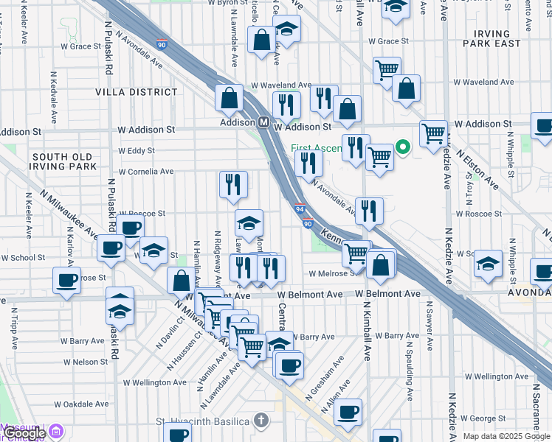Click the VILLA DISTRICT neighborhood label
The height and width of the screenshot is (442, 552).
tap(137, 92)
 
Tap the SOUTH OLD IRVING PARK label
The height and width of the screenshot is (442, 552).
tap(63, 161)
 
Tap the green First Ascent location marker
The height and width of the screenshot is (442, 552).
tap(402, 147)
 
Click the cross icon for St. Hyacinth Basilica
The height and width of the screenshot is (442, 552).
tap(260, 420)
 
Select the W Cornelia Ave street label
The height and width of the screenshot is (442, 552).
tap(146, 172)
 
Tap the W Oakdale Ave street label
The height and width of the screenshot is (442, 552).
tap(81, 404)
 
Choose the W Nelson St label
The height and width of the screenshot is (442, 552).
tap(85, 362)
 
